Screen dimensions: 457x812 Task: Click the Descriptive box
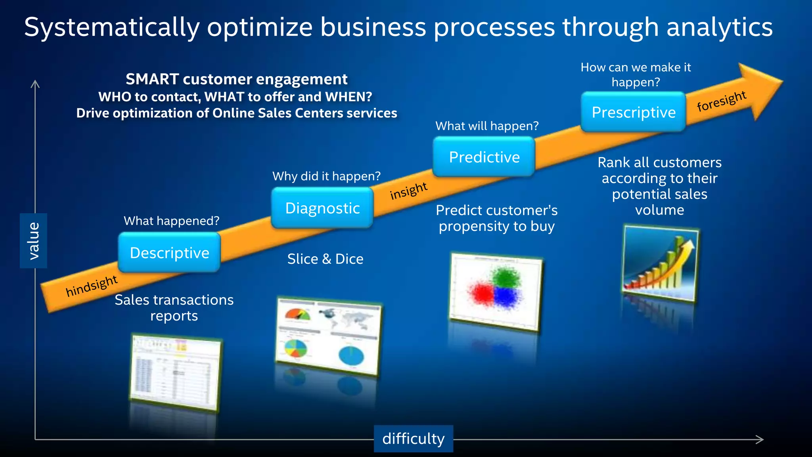(x=169, y=253)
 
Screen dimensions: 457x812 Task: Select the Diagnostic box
(x=322, y=208)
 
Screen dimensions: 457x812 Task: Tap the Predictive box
(x=484, y=157)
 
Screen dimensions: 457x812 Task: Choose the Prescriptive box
(x=633, y=112)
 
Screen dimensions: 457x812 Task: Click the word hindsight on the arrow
(x=92, y=286)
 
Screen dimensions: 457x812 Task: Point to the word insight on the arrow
(x=408, y=191)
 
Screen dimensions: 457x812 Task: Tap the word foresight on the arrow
(x=722, y=101)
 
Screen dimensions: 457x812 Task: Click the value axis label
(x=34, y=241)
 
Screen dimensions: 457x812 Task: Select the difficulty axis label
(x=413, y=439)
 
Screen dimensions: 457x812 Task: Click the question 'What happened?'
(x=171, y=221)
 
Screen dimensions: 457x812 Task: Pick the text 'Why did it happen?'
(x=326, y=176)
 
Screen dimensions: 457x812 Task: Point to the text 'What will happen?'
(x=487, y=126)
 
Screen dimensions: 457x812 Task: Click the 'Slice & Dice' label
(x=325, y=259)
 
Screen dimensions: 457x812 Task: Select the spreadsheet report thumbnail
(x=175, y=372)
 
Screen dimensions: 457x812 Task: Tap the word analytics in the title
(x=719, y=27)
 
